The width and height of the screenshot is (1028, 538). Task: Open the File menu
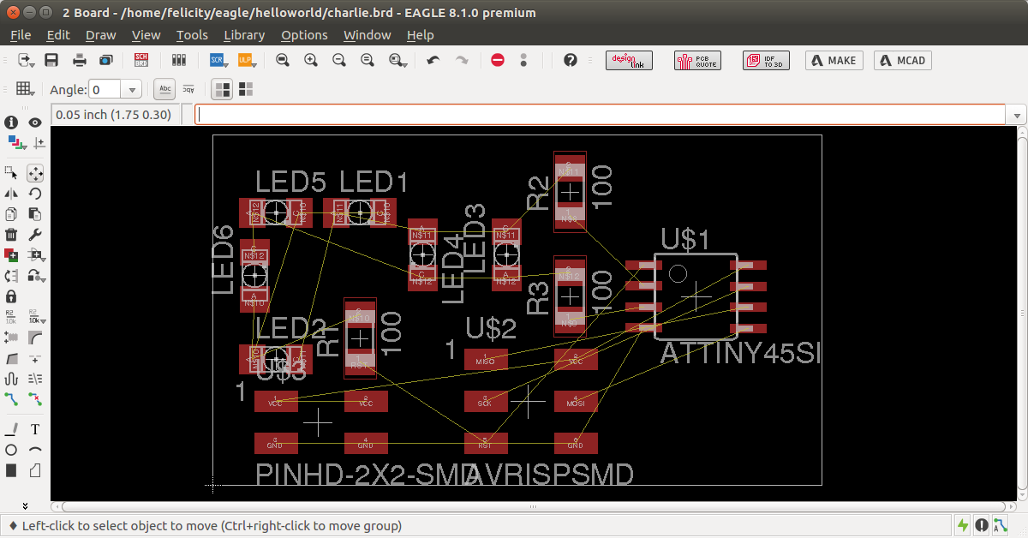pos(21,35)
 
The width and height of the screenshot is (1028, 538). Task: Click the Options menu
pos(304,35)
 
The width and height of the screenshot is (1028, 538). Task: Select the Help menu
pos(420,35)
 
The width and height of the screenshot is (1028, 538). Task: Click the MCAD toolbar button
pos(902,61)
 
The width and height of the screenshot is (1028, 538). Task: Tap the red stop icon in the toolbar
pos(498,60)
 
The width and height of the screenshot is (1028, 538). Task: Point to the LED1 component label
pos(374,182)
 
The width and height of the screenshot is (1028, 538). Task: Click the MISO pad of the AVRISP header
pos(486,360)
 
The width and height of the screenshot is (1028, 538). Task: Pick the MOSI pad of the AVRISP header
pos(576,401)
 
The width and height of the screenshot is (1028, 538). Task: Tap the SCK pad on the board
pos(486,401)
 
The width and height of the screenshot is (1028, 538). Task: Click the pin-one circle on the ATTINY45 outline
pos(678,273)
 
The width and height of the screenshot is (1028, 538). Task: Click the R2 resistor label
pos(538,193)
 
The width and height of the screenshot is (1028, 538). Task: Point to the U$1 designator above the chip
pos(685,240)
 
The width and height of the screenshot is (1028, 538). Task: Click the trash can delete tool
pos(11,235)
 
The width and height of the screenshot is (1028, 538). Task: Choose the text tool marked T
pos(35,429)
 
